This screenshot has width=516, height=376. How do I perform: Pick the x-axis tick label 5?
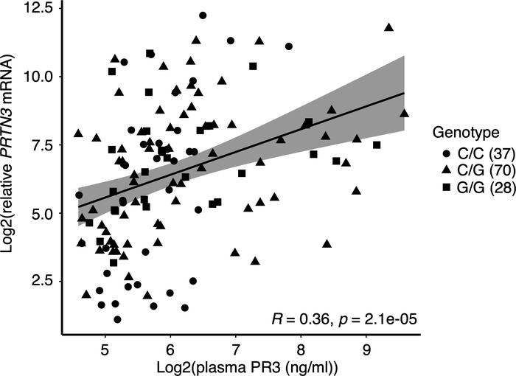point(105,345)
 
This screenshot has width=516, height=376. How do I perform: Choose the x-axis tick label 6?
point(170,345)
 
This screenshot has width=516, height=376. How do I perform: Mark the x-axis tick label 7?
point(236,345)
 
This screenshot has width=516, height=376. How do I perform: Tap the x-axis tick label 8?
point(301,345)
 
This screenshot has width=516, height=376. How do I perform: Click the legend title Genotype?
point(467,133)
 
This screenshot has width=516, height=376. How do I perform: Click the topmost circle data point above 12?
point(203,15)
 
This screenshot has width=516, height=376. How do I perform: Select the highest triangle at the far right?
point(388,27)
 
